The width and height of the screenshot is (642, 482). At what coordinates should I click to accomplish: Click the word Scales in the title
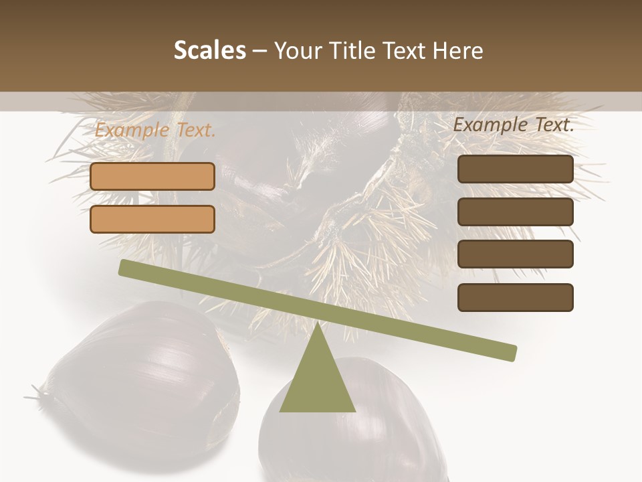point(209,51)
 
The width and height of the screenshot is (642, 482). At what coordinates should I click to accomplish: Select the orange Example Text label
point(155,131)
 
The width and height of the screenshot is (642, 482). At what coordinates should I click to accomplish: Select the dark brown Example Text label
point(514,125)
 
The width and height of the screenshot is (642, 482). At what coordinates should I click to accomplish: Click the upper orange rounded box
point(152,176)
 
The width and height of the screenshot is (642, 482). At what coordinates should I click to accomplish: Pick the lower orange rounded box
point(152,219)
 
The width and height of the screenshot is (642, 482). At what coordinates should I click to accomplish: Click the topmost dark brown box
point(515,169)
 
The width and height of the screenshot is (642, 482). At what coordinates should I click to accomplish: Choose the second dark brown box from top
point(515,212)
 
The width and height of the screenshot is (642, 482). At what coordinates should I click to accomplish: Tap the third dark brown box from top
point(515,254)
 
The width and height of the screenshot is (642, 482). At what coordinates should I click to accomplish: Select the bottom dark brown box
point(515,297)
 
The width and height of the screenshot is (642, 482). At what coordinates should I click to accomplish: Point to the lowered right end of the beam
point(512,352)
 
